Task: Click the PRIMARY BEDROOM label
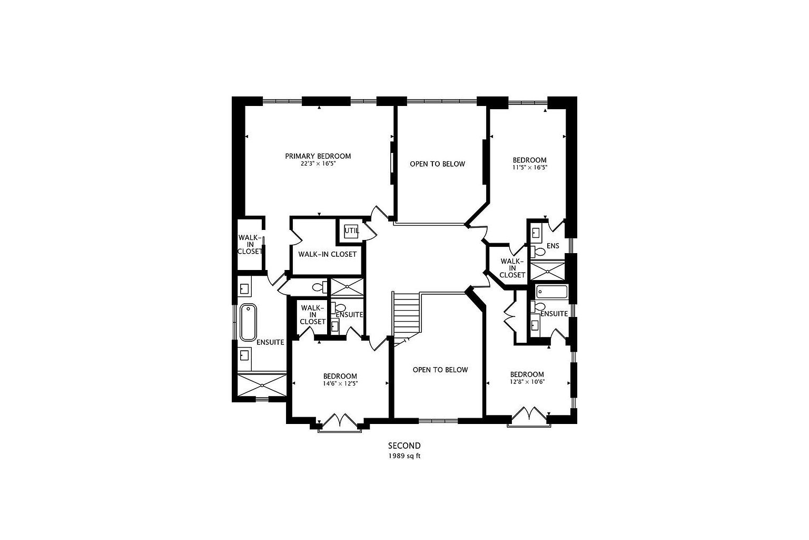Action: point(318,156)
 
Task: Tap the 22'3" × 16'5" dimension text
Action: point(318,164)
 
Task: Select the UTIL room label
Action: point(351,230)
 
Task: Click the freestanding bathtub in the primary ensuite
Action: point(248,322)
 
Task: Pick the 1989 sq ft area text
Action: point(404,456)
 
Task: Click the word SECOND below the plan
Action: point(404,446)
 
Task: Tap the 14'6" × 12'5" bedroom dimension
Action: point(340,384)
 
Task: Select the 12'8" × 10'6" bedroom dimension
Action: point(527,382)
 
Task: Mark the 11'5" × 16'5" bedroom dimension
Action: point(529,168)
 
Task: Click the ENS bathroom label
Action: point(553,246)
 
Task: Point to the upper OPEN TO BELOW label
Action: point(437,164)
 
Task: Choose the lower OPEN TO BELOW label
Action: point(440,370)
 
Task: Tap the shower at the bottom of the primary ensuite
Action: point(262,385)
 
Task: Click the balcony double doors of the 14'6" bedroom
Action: point(340,422)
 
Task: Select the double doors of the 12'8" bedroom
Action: point(528,415)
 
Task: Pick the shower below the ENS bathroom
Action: point(547,271)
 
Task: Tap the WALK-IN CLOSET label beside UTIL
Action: point(327,254)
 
